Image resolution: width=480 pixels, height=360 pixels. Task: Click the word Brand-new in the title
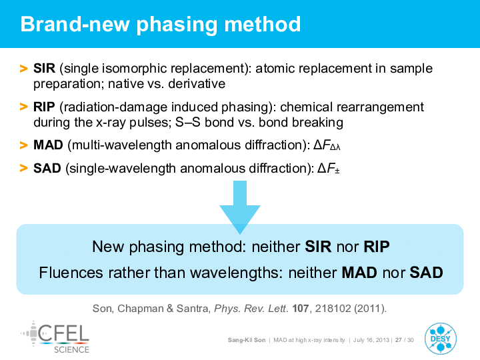point(75,24)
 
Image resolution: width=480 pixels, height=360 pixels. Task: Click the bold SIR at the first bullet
point(45,68)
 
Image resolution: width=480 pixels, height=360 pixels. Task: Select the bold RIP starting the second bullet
point(44,107)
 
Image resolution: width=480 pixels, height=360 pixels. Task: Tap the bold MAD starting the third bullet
point(48,145)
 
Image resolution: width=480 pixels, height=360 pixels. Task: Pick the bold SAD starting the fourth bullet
point(47,168)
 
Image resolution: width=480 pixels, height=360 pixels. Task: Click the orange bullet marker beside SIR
point(23,69)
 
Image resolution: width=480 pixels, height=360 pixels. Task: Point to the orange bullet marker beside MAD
point(23,145)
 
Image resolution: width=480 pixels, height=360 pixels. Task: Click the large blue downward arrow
point(240,207)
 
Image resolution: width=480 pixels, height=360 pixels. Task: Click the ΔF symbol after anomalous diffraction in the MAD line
point(327,145)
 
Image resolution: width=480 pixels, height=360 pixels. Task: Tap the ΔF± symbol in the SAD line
point(329,169)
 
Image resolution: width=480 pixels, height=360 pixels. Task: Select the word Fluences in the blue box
point(71,273)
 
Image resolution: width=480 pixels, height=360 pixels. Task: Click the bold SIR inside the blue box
point(318,247)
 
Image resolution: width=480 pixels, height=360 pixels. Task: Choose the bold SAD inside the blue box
point(426,273)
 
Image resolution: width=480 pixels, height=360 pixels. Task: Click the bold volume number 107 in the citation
point(300,308)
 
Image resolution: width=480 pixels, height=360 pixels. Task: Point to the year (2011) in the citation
point(369,308)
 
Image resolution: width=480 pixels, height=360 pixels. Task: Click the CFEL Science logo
point(55,337)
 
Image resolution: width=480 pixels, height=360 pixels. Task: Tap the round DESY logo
point(440,339)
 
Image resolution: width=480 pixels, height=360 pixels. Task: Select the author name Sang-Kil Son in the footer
point(247,340)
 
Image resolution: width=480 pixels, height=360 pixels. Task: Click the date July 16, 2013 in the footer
point(371,340)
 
